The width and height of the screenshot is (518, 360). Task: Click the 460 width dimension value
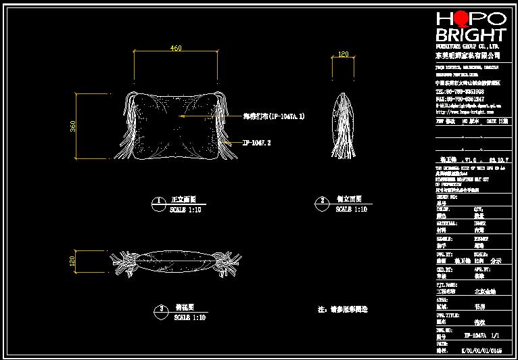(176, 48)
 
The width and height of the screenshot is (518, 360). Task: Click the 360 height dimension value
(72, 126)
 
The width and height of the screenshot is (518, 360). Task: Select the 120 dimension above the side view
(343, 54)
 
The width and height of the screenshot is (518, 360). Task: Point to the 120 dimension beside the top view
(72, 261)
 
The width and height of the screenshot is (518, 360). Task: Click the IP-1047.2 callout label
(257, 143)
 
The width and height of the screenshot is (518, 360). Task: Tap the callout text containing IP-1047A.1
(274, 116)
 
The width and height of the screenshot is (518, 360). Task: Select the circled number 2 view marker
(323, 201)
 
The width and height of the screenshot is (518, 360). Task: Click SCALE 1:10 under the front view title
(185, 210)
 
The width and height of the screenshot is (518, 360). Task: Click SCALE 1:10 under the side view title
(351, 210)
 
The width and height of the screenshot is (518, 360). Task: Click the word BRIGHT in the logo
(471, 35)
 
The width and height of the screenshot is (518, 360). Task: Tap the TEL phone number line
(460, 91)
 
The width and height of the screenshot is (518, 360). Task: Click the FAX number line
(460, 99)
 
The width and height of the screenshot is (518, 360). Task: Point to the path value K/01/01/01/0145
(479, 351)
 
